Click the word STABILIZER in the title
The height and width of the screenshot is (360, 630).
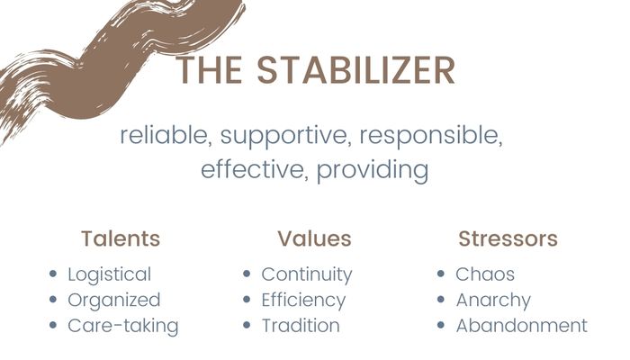(356, 70)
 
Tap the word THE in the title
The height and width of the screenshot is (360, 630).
(210, 70)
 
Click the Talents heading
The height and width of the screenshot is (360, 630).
(121, 238)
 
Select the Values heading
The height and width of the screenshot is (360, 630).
(314, 238)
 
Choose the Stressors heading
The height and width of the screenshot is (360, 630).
(508, 238)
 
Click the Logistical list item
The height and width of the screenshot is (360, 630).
(109, 275)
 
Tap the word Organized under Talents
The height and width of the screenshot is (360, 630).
(114, 301)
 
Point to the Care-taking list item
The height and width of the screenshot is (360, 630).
(123, 326)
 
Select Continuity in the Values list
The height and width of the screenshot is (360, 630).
(307, 275)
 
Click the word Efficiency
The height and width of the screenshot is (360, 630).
(303, 301)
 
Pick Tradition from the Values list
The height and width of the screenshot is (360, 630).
(301, 326)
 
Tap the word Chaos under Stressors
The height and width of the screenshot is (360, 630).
(485, 274)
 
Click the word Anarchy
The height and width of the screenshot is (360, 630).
(493, 301)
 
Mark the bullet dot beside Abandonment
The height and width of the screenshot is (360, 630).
(441, 325)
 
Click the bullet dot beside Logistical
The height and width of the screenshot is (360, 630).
(52, 274)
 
